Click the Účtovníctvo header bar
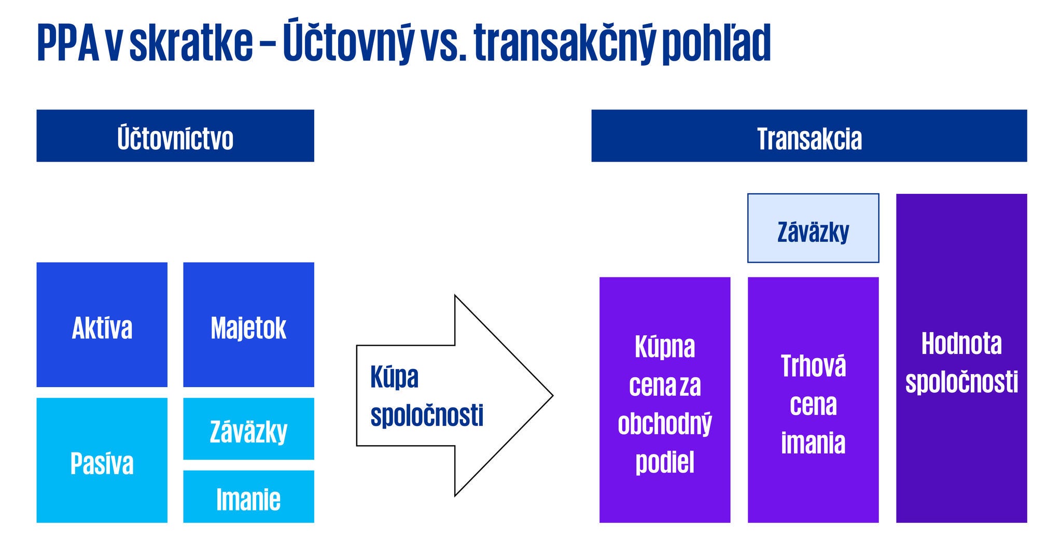coord(175,136)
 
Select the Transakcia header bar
coord(808,136)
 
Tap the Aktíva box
coord(102,325)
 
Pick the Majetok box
coord(248,325)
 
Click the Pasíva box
coord(102,460)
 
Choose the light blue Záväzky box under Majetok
coord(248,429)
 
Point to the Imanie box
coord(248,496)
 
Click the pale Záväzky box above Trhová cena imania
coord(813,229)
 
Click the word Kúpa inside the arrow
coord(394,377)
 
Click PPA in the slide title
coord(68,43)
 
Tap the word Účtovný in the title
coord(348,43)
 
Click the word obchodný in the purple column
coord(664,424)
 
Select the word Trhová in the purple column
coord(813,366)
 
